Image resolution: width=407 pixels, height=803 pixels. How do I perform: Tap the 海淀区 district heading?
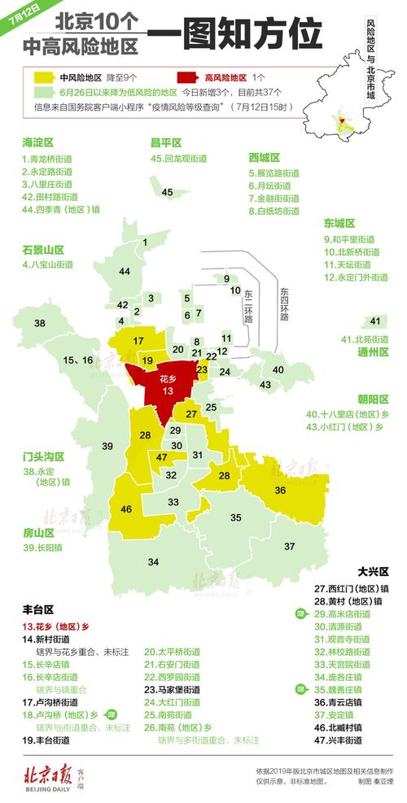tap(38, 142)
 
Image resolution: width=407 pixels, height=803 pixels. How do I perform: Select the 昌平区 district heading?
tap(165, 142)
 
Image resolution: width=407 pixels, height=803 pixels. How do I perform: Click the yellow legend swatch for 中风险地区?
tap(40, 77)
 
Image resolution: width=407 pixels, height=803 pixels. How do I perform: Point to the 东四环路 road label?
tap(282, 305)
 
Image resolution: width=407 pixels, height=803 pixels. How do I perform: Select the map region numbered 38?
tap(39, 323)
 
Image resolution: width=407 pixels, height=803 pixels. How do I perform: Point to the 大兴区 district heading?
tap(374, 572)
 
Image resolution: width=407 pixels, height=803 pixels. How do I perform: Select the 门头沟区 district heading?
tap(43, 456)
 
